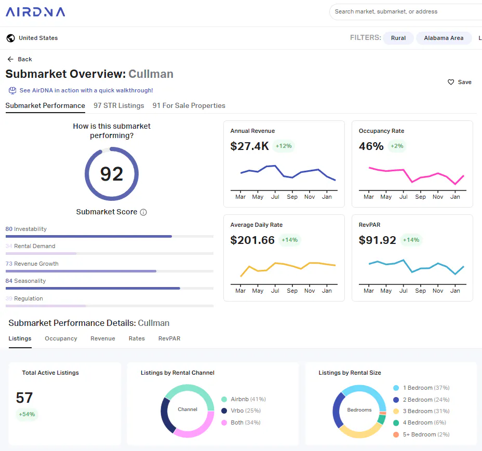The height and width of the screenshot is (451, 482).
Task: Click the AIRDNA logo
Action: tap(35, 12)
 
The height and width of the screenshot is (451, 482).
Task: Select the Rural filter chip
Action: tap(398, 38)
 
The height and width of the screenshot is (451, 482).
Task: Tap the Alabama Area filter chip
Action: tap(444, 38)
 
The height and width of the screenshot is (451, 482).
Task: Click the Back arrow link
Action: tap(20, 59)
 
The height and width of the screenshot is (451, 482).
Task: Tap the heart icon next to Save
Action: tap(451, 82)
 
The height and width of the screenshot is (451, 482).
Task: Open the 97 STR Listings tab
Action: tap(118, 106)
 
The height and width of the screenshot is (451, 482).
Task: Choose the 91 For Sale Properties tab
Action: tap(189, 106)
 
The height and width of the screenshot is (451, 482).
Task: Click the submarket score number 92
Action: tap(112, 174)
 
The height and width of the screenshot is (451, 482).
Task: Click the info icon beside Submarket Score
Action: tap(143, 212)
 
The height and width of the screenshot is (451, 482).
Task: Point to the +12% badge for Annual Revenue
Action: tap(284, 146)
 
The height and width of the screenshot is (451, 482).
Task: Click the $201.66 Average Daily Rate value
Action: tap(252, 240)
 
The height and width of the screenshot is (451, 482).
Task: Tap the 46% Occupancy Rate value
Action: tap(371, 146)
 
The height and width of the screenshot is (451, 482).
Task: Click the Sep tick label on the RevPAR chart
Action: tap(420, 291)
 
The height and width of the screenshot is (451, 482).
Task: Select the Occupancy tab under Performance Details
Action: tap(61, 338)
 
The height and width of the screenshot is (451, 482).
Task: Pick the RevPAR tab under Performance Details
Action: tap(169, 338)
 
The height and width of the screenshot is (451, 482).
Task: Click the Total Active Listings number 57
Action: tap(24, 398)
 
